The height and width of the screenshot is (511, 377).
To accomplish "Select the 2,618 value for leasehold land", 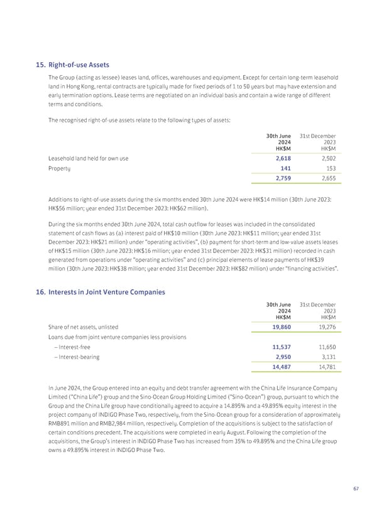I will click(281, 159).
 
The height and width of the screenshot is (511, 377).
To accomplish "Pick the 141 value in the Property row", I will click(285, 169).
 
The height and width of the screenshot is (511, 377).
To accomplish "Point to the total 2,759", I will click(281, 181).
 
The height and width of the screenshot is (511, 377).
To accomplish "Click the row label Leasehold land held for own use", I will click(88, 159).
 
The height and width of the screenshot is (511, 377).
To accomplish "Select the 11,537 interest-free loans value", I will click(279, 347).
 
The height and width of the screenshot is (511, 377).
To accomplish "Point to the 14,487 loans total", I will click(279, 368).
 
